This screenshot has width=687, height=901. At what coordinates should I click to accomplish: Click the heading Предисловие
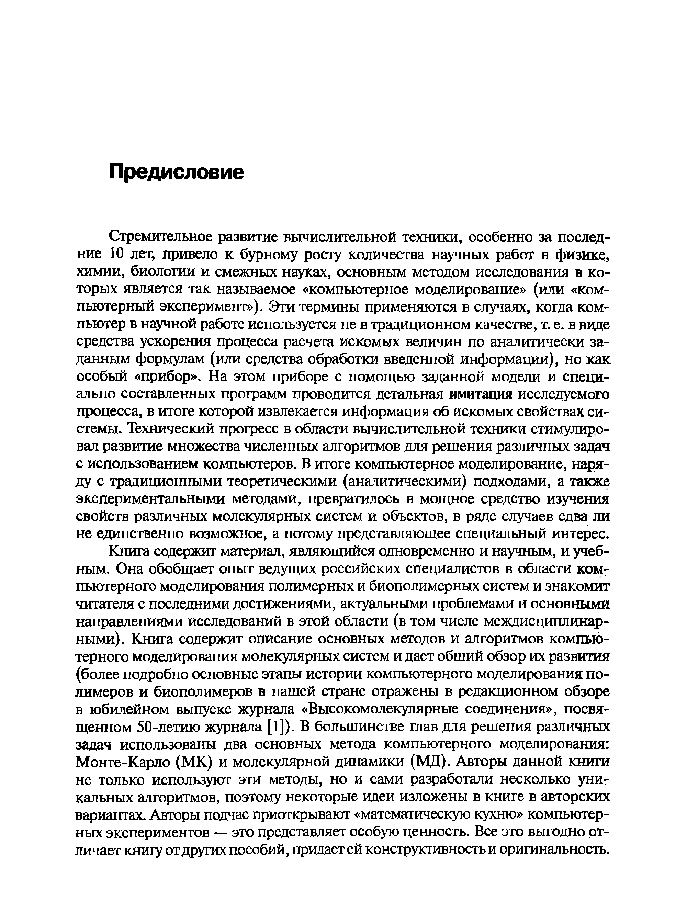(x=176, y=172)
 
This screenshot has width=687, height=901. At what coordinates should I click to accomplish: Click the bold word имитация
(x=481, y=394)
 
